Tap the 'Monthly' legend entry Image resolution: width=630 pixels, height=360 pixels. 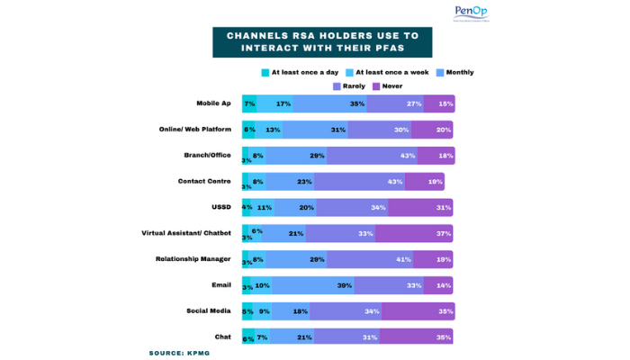[x=455, y=72]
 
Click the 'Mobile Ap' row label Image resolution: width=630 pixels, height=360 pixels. [x=213, y=103]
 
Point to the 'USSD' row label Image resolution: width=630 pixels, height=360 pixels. [x=221, y=207]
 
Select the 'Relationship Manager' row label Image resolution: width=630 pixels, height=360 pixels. [x=193, y=259]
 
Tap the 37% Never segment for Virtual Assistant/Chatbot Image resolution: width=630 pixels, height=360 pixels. [x=415, y=233]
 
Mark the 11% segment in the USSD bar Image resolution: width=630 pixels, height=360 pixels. [x=264, y=207]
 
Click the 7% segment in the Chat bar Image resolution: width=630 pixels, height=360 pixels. [x=262, y=337]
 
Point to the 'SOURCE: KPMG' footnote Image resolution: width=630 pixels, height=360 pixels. [x=185, y=353]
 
